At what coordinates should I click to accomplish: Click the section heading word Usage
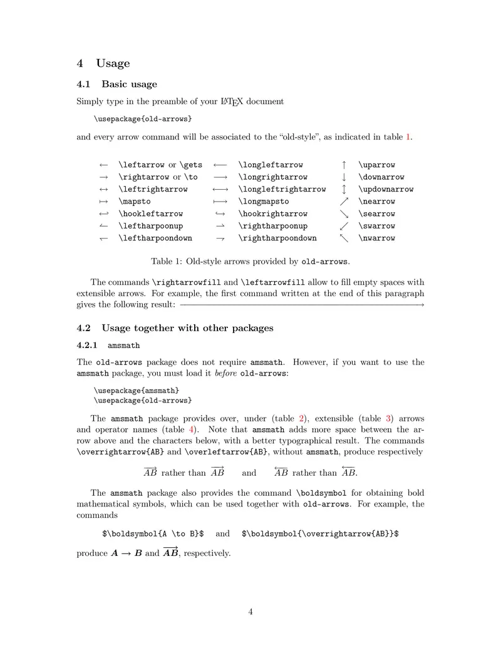[x=113, y=63]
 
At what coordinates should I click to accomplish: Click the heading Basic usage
[x=129, y=84]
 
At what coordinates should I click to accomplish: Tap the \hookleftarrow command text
[x=150, y=214]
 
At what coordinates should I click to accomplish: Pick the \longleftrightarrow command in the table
[x=282, y=189]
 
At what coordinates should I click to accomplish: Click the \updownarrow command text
[x=386, y=189]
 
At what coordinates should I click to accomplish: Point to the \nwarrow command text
[x=376, y=238]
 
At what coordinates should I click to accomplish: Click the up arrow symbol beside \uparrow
[x=344, y=165]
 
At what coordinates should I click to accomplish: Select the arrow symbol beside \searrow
[x=344, y=214]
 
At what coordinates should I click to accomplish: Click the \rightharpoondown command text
[x=277, y=238]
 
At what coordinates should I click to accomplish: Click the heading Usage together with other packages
[x=187, y=328]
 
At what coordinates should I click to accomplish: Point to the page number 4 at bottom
[x=250, y=612]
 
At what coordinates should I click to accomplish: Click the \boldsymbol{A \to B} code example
[x=153, y=534]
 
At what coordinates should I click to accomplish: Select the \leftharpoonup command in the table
[x=150, y=226]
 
